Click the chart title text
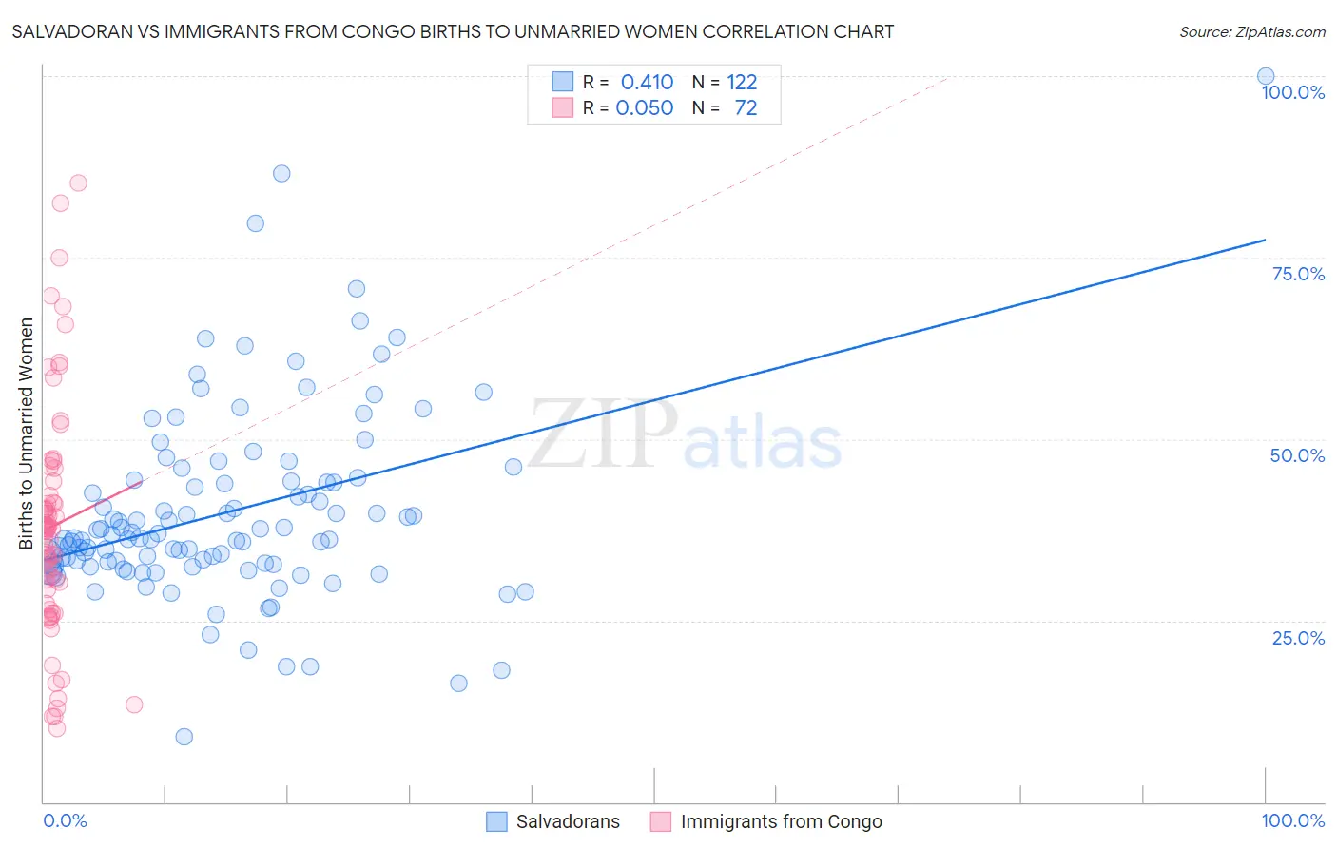pyautogui.click(x=453, y=32)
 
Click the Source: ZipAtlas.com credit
pyautogui.click(x=1251, y=32)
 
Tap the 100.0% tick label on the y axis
pyautogui.click(x=1292, y=92)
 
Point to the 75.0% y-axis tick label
pyautogui.click(x=1298, y=274)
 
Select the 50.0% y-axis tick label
pyautogui.click(x=1297, y=455)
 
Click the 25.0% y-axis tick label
pyautogui.click(x=1298, y=638)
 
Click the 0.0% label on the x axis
pyautogui.click(x=65, y=820)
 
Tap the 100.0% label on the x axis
pyautogui.click(x=1292, y=820)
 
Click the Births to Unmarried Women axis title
pyautogui.click(x=27, y=434)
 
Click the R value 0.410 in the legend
pyautogui.click(x=647, y=83)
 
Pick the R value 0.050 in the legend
pyautogui.click(x=644, y=108)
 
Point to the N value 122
pyautogui.click(x=742, y=83)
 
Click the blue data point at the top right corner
pyautogui.click(x=1265, y=76)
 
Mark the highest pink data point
pyautogui.click(x=78, y=183)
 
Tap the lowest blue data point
pyautogui.click(x=184, y=737)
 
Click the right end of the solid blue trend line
pyautogui.click(x=1265, y=240)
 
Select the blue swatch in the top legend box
pyautogui.click(x=563, y=82)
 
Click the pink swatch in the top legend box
pyautogui.click(x=563, y=107)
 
